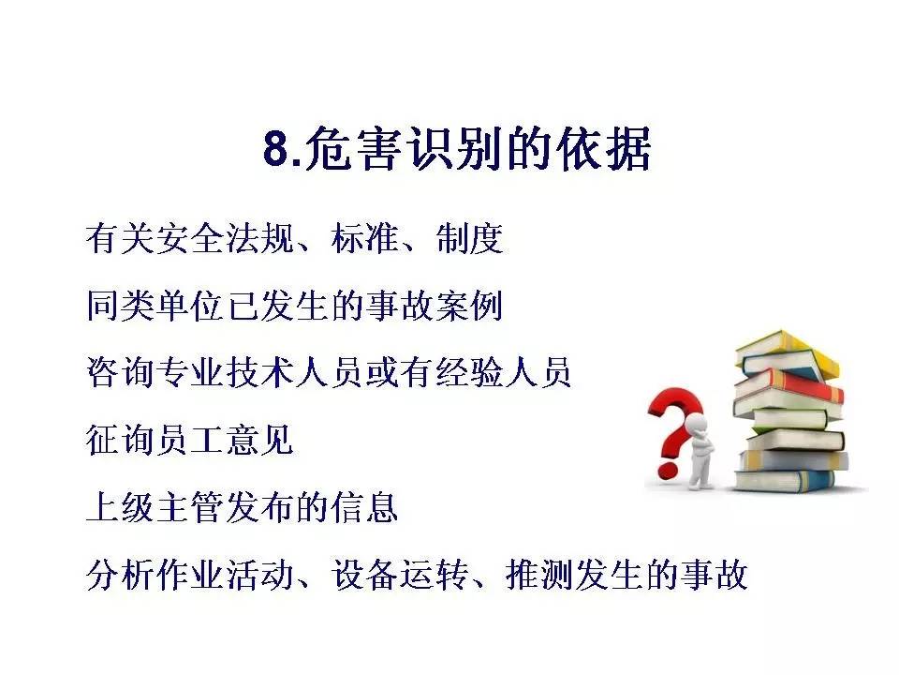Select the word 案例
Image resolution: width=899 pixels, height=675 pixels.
[x=470, y=307]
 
